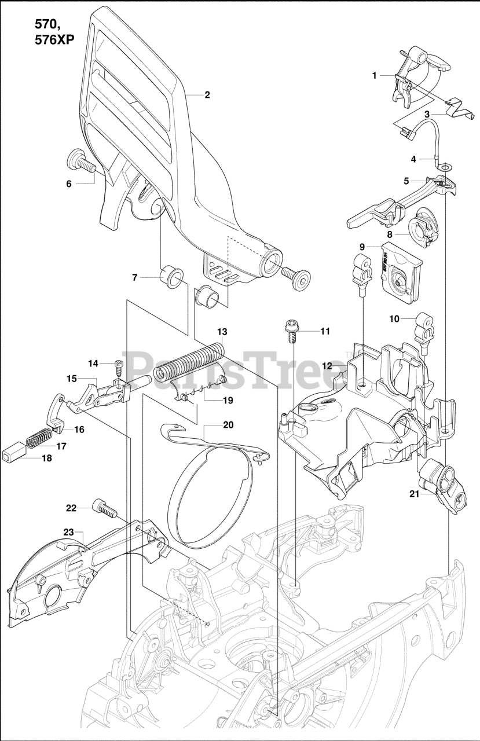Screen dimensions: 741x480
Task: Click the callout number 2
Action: tap(207, 95)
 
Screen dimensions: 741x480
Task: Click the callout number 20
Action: tap(228, 424)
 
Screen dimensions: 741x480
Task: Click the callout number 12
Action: tap(327, 365)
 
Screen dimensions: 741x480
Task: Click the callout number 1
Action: tap(375, 75)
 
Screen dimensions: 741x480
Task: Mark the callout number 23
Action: tap(69, 532)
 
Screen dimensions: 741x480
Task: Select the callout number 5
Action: tap(406, 181)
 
